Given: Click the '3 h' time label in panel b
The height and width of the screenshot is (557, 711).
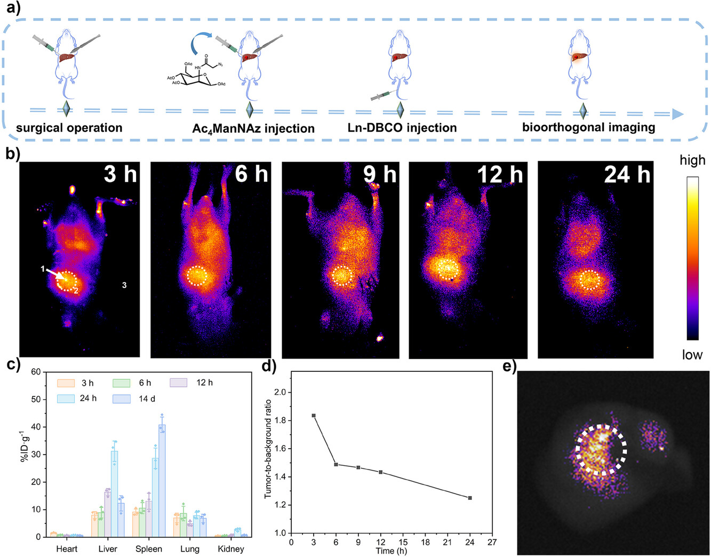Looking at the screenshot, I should (120, 174).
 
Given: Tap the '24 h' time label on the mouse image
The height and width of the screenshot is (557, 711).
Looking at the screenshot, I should (627, 174).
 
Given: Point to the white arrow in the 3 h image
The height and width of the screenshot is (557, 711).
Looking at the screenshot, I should (56, 274).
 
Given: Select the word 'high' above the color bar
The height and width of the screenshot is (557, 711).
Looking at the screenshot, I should (692, 160).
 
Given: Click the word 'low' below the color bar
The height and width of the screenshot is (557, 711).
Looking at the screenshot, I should (692, 355).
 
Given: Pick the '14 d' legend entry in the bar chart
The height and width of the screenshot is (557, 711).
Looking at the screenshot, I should (147, 399).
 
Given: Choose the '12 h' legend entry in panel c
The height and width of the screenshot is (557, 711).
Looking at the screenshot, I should (203, 383).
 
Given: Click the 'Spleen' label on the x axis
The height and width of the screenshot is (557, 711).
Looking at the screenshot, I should (149, 549).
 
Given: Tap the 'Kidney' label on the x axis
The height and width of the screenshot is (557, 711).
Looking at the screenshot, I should (231, 549).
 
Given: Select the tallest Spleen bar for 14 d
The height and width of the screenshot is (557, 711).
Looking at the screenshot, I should (162, 480).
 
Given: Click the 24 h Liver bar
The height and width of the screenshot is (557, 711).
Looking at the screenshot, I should (115, 494).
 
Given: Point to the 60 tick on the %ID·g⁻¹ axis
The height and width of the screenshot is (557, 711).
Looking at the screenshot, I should (36, 372).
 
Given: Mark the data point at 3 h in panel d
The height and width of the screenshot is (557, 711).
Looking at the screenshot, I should (314, 416).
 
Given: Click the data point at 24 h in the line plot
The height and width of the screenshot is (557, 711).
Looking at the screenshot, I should (470, 498).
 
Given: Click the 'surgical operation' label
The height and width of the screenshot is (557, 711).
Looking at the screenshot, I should (69, 128).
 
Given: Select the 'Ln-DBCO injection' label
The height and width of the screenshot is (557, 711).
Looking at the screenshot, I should (402, 128).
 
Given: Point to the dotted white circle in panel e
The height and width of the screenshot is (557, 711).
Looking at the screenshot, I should (602, 449).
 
